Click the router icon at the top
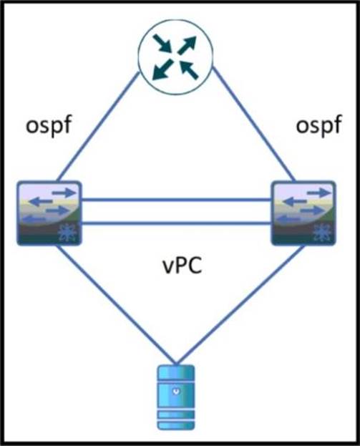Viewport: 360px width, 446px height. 175,57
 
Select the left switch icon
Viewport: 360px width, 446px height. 49,213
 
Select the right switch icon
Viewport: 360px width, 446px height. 303,213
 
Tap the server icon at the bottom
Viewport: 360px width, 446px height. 176,397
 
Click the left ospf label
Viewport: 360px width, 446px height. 48,126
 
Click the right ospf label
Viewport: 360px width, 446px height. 318,126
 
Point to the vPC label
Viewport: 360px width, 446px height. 183,266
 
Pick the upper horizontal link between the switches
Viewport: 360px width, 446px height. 177,200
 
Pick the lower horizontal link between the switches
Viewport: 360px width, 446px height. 177,223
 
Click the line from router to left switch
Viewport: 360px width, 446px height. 98,127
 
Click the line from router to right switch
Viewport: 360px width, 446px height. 254,125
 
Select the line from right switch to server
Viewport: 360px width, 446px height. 240,304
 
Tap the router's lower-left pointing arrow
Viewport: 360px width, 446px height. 162,69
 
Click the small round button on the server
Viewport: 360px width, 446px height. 177,392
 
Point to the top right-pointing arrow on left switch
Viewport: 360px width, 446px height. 64,193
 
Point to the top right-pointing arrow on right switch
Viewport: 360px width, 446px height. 318,193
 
